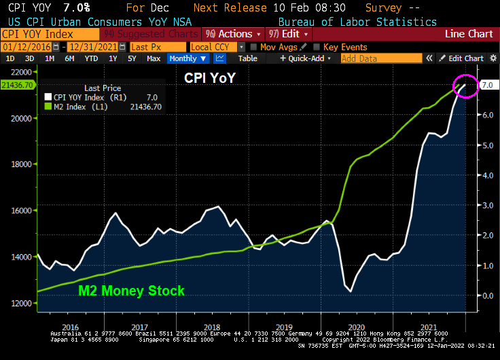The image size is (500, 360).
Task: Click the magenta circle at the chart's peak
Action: tap(466, 86)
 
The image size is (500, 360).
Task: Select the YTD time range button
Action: tap(91, 58)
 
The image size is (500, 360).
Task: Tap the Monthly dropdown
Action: tap(187, 58)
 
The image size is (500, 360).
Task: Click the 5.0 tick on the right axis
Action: tap(487, 145)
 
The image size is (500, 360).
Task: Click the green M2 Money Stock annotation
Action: tap(131, 291)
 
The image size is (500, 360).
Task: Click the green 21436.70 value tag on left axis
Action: tap(18, 85)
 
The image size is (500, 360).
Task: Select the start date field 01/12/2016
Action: tap(29, 47)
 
